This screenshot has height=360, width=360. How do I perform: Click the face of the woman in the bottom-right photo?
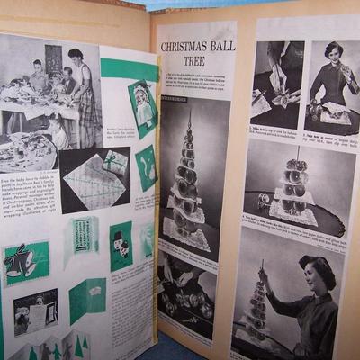(x=301, y=274)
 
